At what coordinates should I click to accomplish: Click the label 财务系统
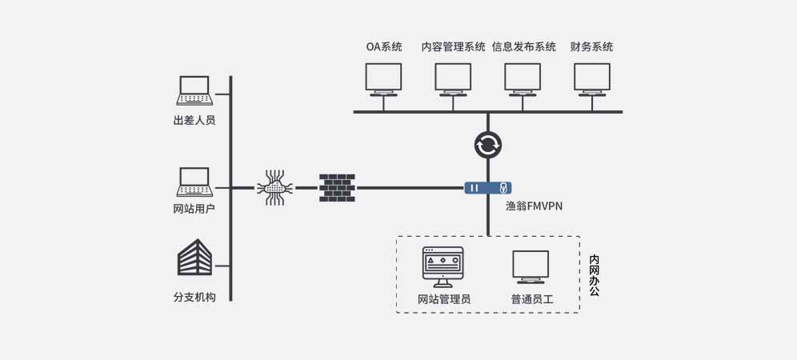click(x=592, y=46)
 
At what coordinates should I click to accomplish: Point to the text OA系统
click(x=384, y=46)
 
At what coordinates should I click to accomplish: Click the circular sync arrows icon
click(x=487, y=145)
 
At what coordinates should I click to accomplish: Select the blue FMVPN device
click(x=487, y=188)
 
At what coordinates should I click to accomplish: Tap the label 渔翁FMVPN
click(x=535, y=206)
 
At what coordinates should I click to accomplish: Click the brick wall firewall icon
click(x=337, y=188)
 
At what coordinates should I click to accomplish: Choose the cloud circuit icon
click(x=274, y=188)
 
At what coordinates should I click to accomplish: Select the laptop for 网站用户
click(x=194, y=182)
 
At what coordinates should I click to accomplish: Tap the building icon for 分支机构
click(x=194, y=258)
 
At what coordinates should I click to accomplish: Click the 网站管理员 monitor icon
click(x=443, y=267)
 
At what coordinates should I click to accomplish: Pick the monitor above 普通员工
click(x=531, y=267)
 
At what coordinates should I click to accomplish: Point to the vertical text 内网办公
click(x=594, y=276)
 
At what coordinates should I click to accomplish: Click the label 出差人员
click(x=194, y=121)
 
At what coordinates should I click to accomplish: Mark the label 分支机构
click(x=194, y=298)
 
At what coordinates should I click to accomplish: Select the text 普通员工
click(x=532, y=300)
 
